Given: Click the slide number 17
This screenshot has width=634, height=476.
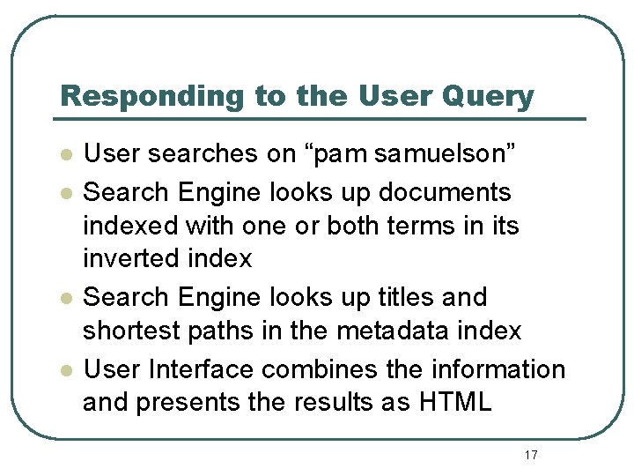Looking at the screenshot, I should click(530, 455).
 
